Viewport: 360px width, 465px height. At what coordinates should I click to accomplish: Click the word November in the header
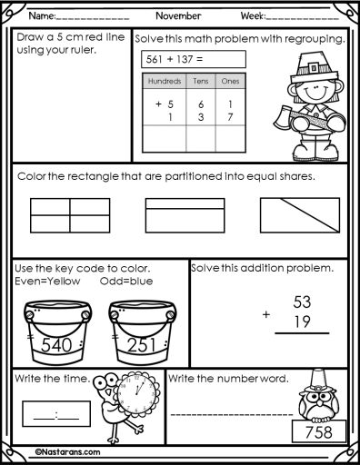tap(178, 15)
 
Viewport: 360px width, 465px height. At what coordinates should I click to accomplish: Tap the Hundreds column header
tap(165, 81)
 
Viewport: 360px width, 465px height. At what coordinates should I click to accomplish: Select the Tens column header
tap(201, 81)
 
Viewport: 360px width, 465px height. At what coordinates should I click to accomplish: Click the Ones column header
tap(230, 81)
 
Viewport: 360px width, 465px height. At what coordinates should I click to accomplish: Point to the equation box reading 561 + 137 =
tap(194, 59)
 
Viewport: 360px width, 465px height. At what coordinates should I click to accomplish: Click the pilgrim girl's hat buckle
tap(314, 66)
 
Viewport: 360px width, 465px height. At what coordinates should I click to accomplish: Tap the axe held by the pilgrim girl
tap(282, 117)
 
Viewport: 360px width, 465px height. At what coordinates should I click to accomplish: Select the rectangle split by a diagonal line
tap(300, 215)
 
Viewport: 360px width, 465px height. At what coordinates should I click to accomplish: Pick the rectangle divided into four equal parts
tap(70, 215)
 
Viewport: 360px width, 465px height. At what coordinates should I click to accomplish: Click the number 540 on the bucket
tap(56, 345)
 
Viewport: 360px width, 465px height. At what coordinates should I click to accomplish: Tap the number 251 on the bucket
tap(142, 345)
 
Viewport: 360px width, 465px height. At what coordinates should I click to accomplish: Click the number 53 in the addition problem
tap(302, 302)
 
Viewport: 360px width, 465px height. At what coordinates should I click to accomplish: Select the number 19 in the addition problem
tap(303, 322)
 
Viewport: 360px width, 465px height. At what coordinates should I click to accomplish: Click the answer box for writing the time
tap(56, 414)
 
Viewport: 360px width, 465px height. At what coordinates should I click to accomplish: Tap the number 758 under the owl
tap(319, 432)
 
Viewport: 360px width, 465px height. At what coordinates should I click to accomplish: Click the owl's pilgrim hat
tap(317, 381)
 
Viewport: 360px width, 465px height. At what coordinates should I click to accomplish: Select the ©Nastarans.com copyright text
tap(67, 452)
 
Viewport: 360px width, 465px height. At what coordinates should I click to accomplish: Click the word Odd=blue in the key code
tap(126, 282)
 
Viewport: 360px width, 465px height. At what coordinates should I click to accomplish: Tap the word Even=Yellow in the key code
tap(47, 282)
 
